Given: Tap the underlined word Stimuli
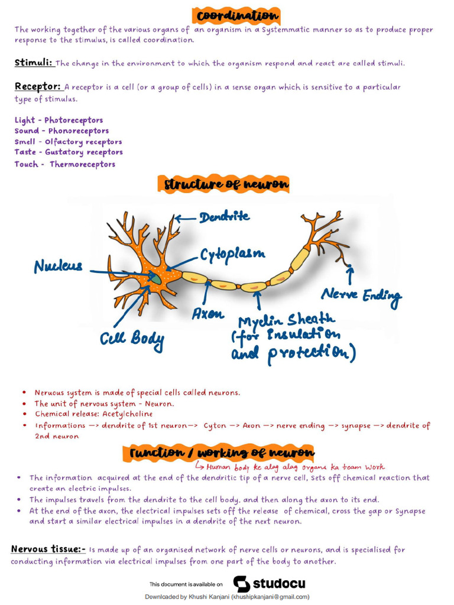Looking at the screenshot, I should point(33,62).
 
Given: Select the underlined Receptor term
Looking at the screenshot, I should point(37,87).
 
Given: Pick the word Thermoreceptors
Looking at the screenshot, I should point(82,164).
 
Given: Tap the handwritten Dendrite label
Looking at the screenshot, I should point(224,217).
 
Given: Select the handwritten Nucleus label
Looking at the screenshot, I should point(58,266).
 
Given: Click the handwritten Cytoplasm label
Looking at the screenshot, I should point(232,255).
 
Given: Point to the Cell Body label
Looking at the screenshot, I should point(132,339).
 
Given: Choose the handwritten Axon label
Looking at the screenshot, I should point(207,314).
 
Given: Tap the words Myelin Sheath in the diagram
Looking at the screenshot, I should point(286,321).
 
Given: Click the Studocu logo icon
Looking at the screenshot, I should point(241,584).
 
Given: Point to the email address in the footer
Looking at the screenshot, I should point(270,597).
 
